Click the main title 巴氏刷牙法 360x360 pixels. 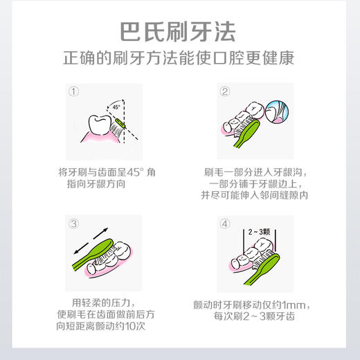point(179,32)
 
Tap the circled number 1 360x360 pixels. point(74,92)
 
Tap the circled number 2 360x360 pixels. point(224,92)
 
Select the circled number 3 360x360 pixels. point(74,224)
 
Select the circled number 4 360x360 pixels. point(224,224)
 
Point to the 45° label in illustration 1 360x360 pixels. point(115,106)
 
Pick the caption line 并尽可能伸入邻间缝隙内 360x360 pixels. point(255,196)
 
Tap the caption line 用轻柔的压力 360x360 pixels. point(103,303)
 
